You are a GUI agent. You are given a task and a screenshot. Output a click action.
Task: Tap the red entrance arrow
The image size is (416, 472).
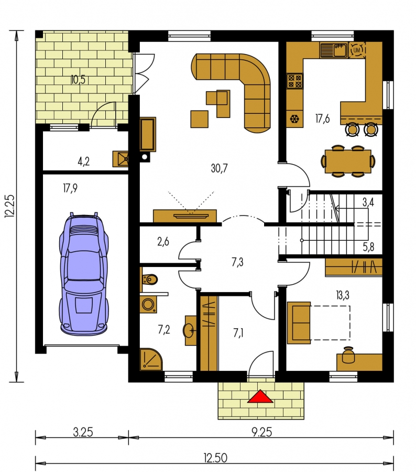click(x=260, y=396)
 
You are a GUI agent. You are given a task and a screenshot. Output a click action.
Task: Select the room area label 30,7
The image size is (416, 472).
click(x=220, y=168)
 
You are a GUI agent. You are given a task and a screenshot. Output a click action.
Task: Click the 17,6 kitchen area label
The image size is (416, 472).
click(x=322, y=119)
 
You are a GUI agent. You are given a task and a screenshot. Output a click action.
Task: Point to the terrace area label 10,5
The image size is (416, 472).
click(x=78, y=80)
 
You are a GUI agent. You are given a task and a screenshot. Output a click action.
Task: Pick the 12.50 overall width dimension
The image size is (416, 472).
click(x=215, y=458)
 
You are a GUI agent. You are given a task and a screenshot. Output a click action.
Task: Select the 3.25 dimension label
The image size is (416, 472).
click(x=83, y=432)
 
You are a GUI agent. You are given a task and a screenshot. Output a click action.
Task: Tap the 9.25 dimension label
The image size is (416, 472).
click(x=261, y=432)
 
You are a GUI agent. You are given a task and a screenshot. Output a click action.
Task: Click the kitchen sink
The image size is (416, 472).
click(x=334, y=50)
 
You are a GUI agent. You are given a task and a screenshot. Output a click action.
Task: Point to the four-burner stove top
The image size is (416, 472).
click(x=294, y=81)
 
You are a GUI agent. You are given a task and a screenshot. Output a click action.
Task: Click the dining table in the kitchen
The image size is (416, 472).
click(x=348, y=162)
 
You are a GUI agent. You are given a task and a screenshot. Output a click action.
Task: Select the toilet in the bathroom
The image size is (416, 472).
click(x=150, y=280)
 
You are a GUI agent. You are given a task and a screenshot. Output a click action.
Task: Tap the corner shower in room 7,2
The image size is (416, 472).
click(x=151, y=359)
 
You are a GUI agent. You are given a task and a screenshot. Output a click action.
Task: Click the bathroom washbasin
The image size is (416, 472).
click(x=190, y=330)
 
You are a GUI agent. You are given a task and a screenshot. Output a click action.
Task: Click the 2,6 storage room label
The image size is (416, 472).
click(x=163, y=242)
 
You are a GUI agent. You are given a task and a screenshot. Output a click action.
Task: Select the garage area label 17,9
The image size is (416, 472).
click(x=70, y=188)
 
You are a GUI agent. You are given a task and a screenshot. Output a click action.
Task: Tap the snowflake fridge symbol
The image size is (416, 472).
click(x=294, y=119)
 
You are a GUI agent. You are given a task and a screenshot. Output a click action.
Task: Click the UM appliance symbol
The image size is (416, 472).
click(x=357, y=50)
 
